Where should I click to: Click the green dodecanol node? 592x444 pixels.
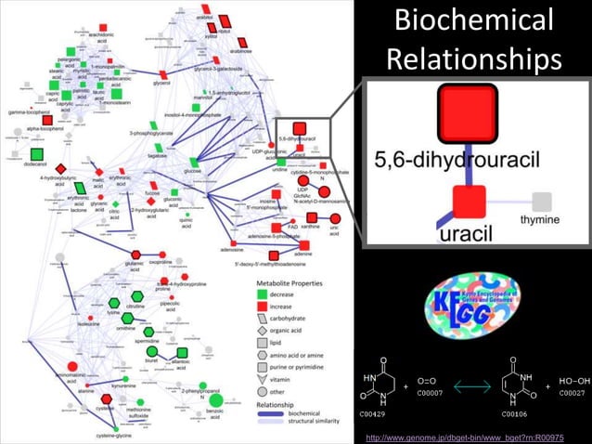[x=37, y=154]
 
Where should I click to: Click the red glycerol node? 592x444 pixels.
[x=161, y=73]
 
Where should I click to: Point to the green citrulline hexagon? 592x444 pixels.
[x=113, y=304]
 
